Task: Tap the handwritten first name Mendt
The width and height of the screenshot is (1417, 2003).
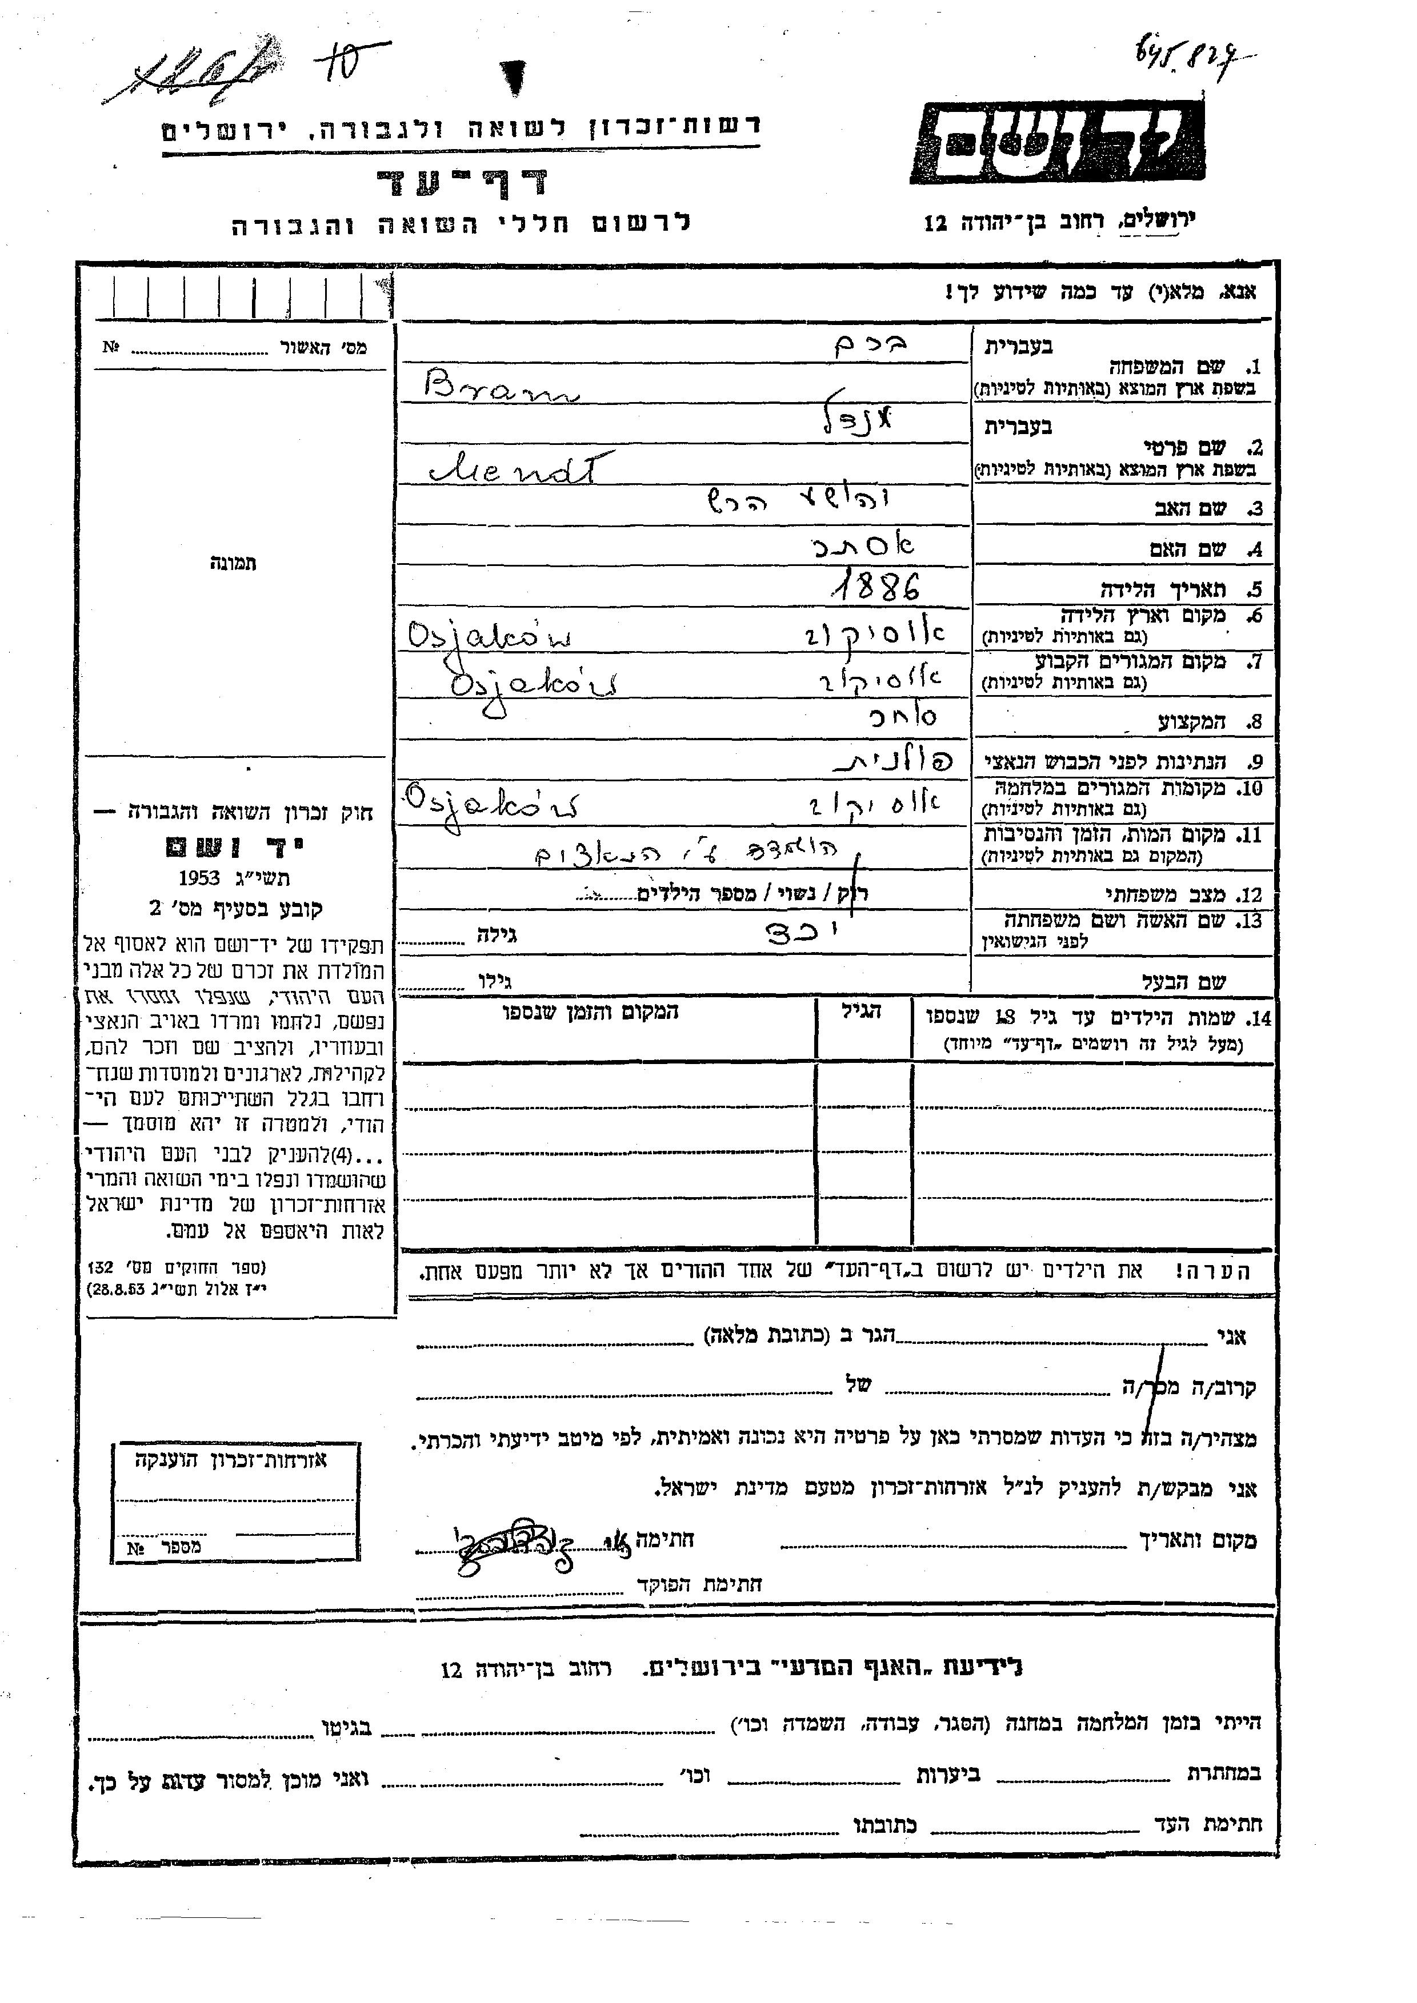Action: tap(521, 470)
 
